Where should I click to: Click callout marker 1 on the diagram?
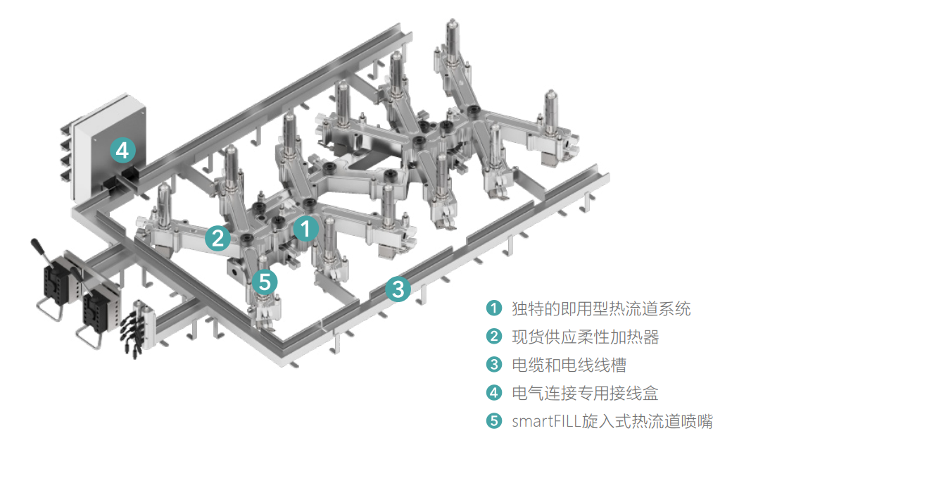coord(305,229)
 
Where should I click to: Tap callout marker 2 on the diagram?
coord(217,238)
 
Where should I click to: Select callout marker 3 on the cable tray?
coord(398,288)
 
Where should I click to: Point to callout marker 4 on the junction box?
coord(122,151)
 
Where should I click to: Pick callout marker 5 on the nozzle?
coord(264,282)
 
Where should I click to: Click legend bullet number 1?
coord(493,308)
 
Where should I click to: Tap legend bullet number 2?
coord(493,337)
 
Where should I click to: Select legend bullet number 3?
coord(493,365)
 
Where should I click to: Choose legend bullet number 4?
coord(493,393)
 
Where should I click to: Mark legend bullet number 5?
coord(493,421)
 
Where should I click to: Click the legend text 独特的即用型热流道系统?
coord(601,308)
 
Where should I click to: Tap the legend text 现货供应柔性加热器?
coord(585,337)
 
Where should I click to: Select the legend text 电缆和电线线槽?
coord(569,365)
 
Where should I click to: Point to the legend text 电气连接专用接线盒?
coord(585,393)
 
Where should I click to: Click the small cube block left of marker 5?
coord(233,270)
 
